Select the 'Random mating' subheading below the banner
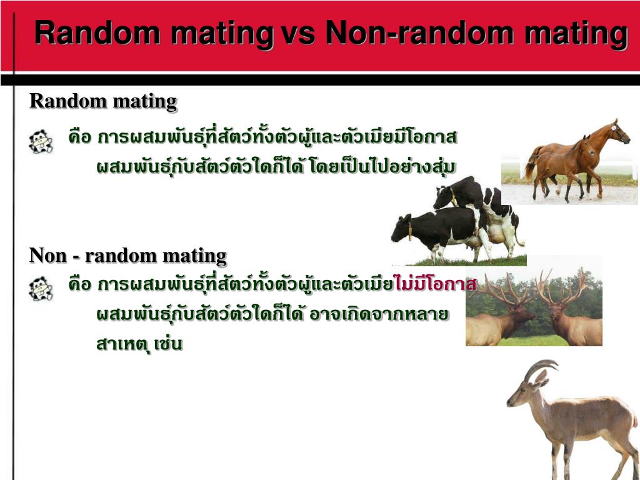click(104, 101)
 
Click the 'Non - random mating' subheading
click(128, 256)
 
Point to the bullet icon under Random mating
click(41, 142)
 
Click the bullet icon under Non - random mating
click(41, 289)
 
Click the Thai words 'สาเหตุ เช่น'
click(139, 344)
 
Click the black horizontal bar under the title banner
click(320, 79)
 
